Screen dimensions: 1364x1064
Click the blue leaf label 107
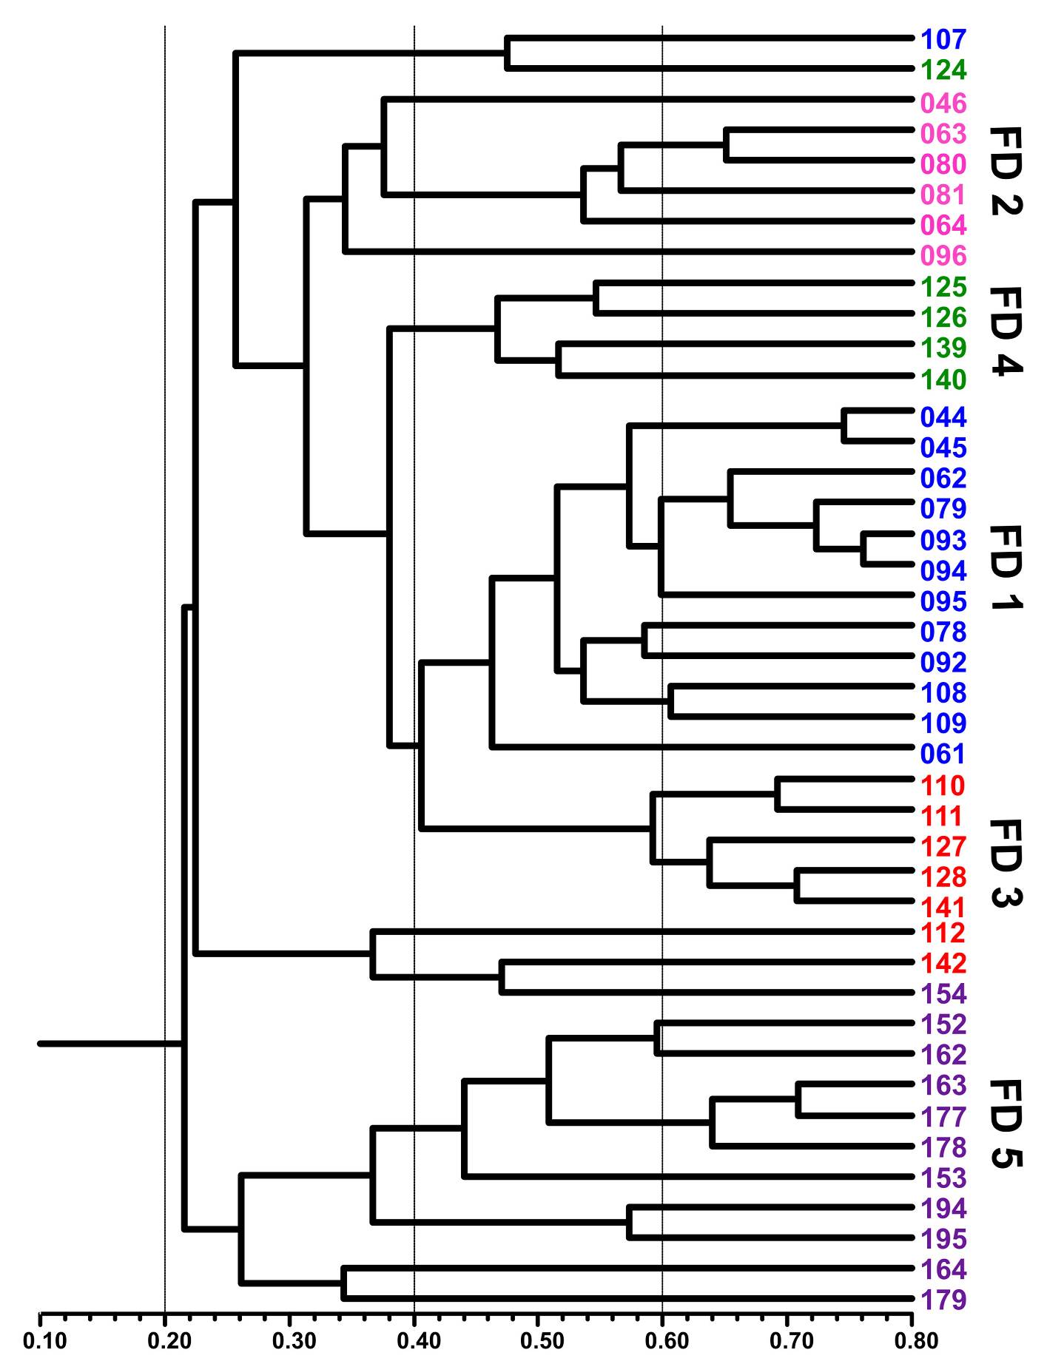coord(943,39)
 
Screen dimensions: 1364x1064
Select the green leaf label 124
coord(943,70)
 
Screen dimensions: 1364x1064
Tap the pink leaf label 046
coord(943,102)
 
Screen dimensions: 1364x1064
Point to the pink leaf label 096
coord(943,256)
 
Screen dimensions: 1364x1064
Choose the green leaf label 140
coord(943,379)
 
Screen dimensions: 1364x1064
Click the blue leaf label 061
coord(943,754)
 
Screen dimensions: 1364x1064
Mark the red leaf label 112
coord(943,933)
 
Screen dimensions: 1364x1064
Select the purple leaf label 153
coord(943,1178)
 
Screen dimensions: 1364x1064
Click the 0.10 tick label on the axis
coord(40,1340)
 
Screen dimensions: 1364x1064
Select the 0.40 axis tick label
coord(414,1340)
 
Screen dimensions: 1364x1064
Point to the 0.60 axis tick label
coord(662,1340)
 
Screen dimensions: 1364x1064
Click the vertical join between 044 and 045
coord(844,425)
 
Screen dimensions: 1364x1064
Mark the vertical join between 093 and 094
coord(863,549)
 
